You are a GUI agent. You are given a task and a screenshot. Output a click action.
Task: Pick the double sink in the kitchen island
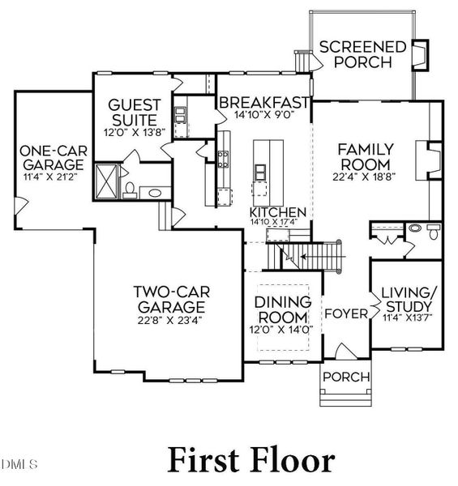point(261,171)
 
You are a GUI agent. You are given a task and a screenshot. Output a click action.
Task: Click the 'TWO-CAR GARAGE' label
point(169,300)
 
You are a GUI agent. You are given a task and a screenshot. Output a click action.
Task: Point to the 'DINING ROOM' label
point(283,310)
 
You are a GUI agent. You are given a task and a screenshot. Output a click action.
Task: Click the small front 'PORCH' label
point(345,377)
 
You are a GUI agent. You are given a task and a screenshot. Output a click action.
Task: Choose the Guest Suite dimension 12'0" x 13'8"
point(135,132)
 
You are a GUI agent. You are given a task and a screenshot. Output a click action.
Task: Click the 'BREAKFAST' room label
point(263,103)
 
